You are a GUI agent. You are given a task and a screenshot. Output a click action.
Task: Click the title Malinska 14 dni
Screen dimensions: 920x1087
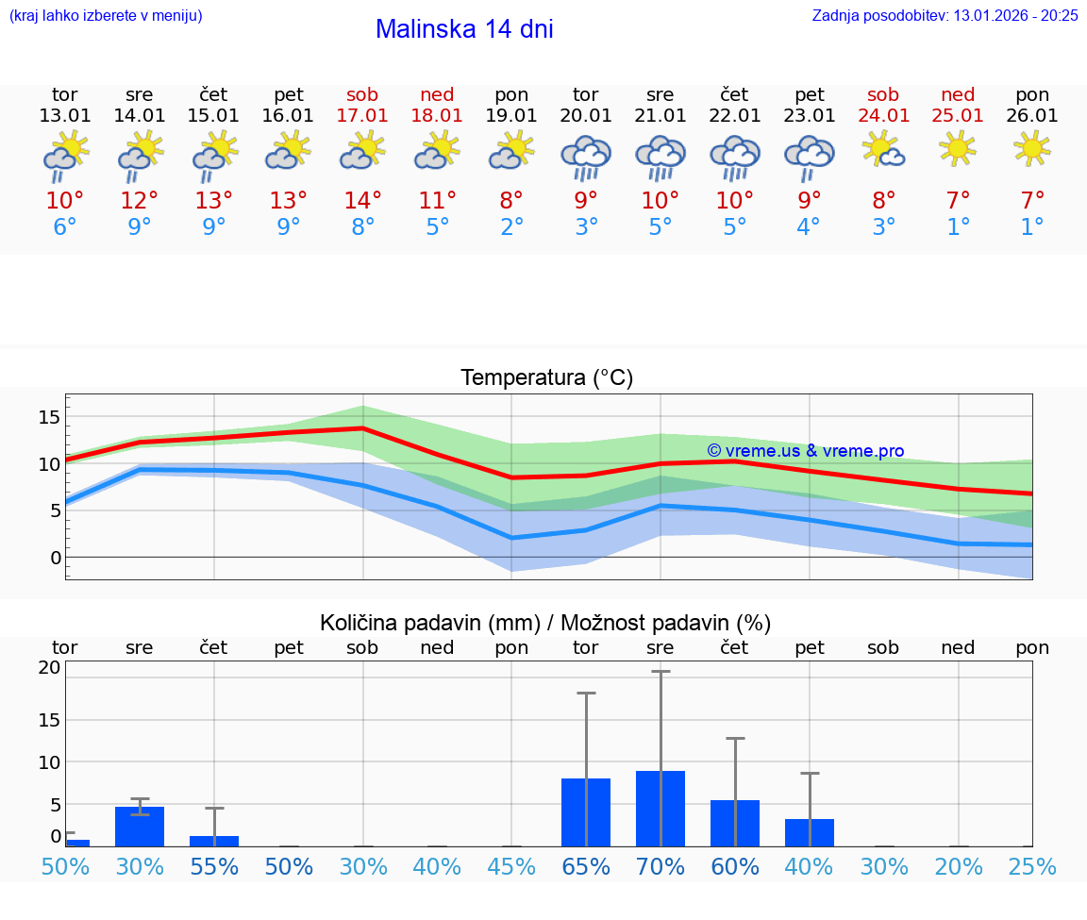pos(464,29)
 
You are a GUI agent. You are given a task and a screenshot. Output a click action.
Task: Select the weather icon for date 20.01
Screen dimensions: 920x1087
pos(586,157)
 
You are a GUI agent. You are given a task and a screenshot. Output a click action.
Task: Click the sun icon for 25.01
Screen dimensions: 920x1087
pos(959,148)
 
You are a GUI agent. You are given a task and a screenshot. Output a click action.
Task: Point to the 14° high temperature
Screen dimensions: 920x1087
pos(362,201)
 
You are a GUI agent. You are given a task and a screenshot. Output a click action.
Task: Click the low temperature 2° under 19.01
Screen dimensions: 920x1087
pos(511,227)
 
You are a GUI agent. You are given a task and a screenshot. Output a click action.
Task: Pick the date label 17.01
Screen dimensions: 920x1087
pos(362,115)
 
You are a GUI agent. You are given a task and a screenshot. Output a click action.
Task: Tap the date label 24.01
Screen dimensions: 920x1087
pos(884,115)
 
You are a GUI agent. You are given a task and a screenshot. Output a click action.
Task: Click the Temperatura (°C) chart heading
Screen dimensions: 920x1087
pos(547,377)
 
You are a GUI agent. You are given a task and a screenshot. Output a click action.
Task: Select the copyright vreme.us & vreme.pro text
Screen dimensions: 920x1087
pos(806,451)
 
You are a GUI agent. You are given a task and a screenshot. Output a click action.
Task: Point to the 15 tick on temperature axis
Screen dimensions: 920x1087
pos(49,417)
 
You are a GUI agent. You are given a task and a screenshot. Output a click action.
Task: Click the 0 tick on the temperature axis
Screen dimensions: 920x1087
pos(56,558)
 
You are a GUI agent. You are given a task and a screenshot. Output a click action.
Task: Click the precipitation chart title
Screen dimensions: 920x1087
pos(545,623)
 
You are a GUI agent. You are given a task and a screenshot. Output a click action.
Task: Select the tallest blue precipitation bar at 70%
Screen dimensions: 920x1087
pos(661,809)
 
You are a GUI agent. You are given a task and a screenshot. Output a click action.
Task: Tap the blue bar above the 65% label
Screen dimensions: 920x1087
pos(586,812)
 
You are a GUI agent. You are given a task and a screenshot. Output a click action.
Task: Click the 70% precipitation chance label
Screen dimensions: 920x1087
pos(661,867)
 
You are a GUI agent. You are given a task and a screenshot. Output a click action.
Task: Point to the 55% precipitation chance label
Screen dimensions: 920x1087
pos(214,867)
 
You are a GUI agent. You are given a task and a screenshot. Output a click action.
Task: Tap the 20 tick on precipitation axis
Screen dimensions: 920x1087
pos(49,667)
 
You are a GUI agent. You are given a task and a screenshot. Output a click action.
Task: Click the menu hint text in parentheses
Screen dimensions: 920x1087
pos(105,15)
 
